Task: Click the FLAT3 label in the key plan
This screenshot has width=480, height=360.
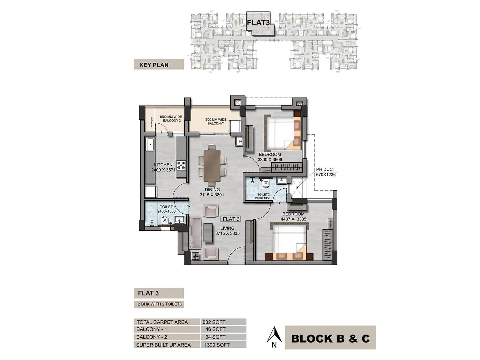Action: point(258,22)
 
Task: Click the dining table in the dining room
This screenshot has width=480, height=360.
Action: point(212,165)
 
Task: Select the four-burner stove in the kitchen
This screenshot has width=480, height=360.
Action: point(181,165)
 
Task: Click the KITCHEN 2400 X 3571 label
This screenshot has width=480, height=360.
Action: point(163,167)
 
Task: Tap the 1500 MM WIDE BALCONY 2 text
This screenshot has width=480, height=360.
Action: point(170,119)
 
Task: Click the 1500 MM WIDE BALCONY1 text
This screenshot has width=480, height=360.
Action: point(215,121)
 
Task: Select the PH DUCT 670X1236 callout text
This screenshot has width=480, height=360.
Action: point(325,172)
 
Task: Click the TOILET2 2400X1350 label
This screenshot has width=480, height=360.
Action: point(262,196)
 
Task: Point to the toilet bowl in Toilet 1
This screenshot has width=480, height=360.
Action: point(165,221)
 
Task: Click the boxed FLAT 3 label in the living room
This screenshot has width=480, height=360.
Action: point(231,219)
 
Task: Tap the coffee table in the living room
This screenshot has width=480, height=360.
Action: point(208,232)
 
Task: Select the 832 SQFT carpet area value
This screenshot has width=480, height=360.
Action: point(214,322)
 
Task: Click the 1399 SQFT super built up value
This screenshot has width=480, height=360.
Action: point(217,345)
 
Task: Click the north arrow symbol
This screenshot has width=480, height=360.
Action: point(274,335)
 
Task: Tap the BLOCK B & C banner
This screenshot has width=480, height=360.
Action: point(330,338)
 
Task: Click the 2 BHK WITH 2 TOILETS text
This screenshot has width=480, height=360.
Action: point(160,304)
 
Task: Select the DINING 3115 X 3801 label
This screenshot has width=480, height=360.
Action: point(212,192)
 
